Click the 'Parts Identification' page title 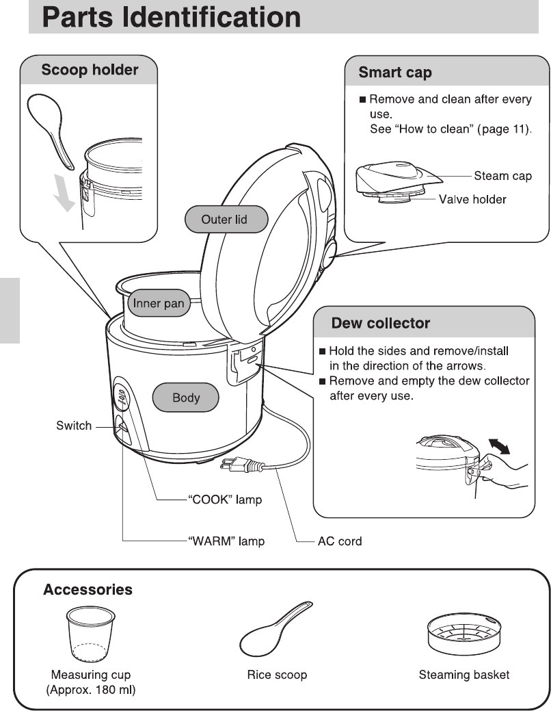click(172, 17)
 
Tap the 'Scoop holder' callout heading click(90, 70)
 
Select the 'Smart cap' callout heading click(395, 72)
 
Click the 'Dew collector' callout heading click(381, 322)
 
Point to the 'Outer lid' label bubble click(224, 220)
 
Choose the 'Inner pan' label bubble click(159, 304)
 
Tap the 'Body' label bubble click(186, 398)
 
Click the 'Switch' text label click(74, 426)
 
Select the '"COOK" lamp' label click(225, 500)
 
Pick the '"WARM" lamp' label click(226, 541)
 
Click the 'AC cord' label click(340, 541)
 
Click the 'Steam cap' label click(503, 177)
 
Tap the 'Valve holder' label click(472, 199)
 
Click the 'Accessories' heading click(88, 589)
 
